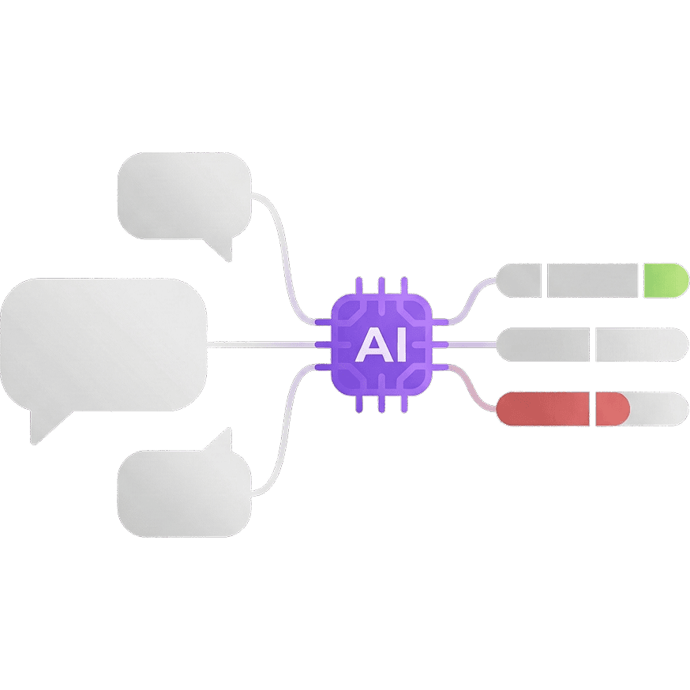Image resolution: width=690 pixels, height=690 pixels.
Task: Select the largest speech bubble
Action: click(x=103, y=343)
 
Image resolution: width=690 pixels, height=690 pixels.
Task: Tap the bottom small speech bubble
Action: click(x=183, y=493)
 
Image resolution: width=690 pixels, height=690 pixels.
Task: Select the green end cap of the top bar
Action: click(x=665, y=280)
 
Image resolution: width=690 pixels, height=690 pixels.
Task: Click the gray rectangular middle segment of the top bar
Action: click(x=592, y=280)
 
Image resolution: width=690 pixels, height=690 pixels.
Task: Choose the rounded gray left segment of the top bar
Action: click(x=519, y=280)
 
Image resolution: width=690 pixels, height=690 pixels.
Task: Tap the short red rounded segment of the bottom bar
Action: click(x=611, y=408)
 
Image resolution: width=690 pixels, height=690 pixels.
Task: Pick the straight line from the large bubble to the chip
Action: click(x=261, y=344)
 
